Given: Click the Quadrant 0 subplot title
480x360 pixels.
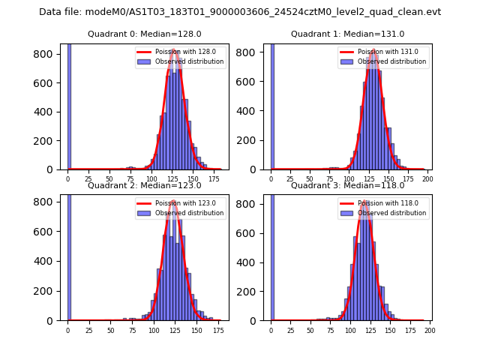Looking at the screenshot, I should tap(145, 34).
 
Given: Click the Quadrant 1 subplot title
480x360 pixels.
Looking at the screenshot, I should tap(347, 34).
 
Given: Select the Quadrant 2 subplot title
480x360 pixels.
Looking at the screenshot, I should tap(145, 185).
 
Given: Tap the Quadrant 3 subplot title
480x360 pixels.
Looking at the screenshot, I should tap(347, 185).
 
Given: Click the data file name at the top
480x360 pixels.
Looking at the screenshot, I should tap(240, 12).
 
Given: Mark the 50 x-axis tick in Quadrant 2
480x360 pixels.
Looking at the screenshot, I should tap(110, 330).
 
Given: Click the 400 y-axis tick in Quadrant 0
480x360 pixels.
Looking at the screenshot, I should tap(46, 112).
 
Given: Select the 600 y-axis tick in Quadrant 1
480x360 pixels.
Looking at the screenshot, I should tap(249, 83).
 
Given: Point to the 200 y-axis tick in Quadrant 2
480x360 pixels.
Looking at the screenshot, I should tap(46, 291).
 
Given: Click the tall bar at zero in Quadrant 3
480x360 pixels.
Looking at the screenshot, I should tap(271, 259).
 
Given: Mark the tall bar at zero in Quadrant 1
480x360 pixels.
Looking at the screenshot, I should tap(271, 107).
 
